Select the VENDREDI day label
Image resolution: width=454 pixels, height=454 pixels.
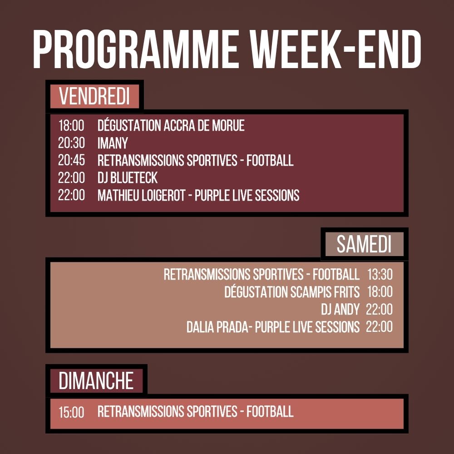(94, 97)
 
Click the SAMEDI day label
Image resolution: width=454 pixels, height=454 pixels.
(364, 245)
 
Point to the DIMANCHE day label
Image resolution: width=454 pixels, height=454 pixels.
(96, 381)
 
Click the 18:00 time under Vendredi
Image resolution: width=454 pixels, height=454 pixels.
(71, 126)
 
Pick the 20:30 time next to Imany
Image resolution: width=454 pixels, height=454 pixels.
(71, 143)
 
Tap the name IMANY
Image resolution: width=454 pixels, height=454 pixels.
(113, 143)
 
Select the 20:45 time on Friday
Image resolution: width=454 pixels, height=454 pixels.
(71, 161)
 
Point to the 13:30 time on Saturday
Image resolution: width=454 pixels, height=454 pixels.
(380, 275)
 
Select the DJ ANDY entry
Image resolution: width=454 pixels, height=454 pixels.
(340, 310)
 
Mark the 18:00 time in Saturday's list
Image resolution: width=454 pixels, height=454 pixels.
(380, 292)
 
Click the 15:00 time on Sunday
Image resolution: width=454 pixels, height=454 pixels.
(71, 413)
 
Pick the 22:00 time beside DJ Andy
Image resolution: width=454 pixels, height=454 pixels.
(379, 310)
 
